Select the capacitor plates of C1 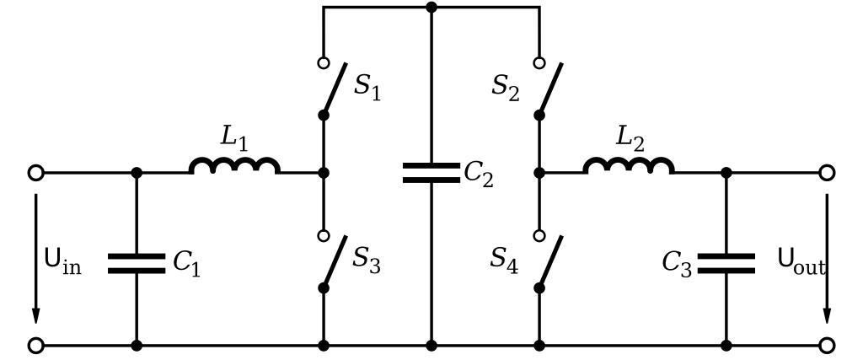pos(137,263)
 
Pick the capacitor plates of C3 pos(726,263)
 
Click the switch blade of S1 pos(335,89)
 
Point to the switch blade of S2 pos(550,89)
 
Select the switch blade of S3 pos(335,261)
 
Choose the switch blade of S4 pos(550,261)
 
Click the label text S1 pos(367,87)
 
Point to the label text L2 pos(629,137)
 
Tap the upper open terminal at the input pos(35,173)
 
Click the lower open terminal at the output pos(827,345)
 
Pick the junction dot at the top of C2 pos(431,7)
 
